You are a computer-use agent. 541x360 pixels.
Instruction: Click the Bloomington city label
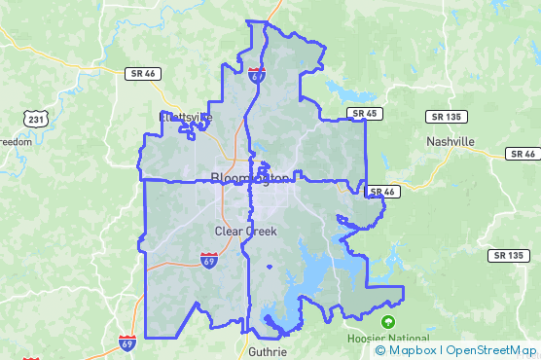tap(250, 178)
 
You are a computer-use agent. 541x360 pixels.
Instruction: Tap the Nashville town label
tap(451, 141)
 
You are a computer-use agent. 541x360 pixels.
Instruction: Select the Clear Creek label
tap(245, 232)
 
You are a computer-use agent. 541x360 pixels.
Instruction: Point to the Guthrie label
tap(268, 351)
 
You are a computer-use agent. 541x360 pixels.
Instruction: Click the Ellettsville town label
tap(186, 117)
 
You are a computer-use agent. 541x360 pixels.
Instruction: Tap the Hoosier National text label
tap(387, 338)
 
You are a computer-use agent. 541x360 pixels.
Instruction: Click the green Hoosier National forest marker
tap(388, 321)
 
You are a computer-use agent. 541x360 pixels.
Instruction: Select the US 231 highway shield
tap(34, 119)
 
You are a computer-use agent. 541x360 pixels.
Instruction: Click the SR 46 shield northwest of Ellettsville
tap(142, 74)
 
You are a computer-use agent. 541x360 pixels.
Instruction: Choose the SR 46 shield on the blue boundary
tap(380, 192)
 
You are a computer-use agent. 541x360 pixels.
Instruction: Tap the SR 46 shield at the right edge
tap(522, 154)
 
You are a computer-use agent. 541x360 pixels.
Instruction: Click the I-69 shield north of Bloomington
tap(256, 73)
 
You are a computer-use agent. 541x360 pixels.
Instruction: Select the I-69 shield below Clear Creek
tap(208, 259)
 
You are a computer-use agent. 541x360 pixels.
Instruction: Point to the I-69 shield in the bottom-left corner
tap(127, 342)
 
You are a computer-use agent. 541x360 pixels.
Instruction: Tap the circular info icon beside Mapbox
tap(379, 350)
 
